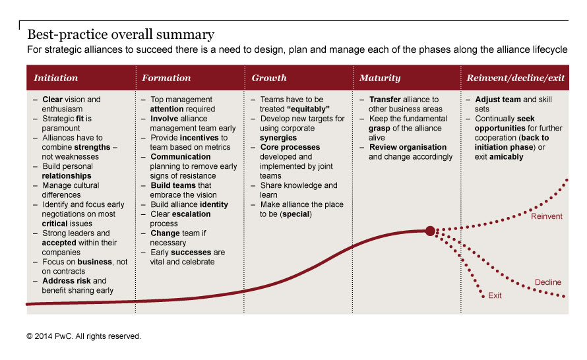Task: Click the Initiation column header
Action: [x=55, y=78]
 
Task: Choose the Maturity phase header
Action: [x=380, y=78]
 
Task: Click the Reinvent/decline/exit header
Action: [x=516, y=78]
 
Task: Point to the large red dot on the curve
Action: [x=430, y=231]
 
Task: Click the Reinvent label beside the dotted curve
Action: [x=547, y=216]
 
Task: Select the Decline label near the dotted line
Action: [x=548, y=282]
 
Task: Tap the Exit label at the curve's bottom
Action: [x=495, y=295]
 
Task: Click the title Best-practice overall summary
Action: [x=121, y=34]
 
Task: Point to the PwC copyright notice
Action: [x=84, y=336]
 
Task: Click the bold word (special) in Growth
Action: [x=297, y=214]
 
